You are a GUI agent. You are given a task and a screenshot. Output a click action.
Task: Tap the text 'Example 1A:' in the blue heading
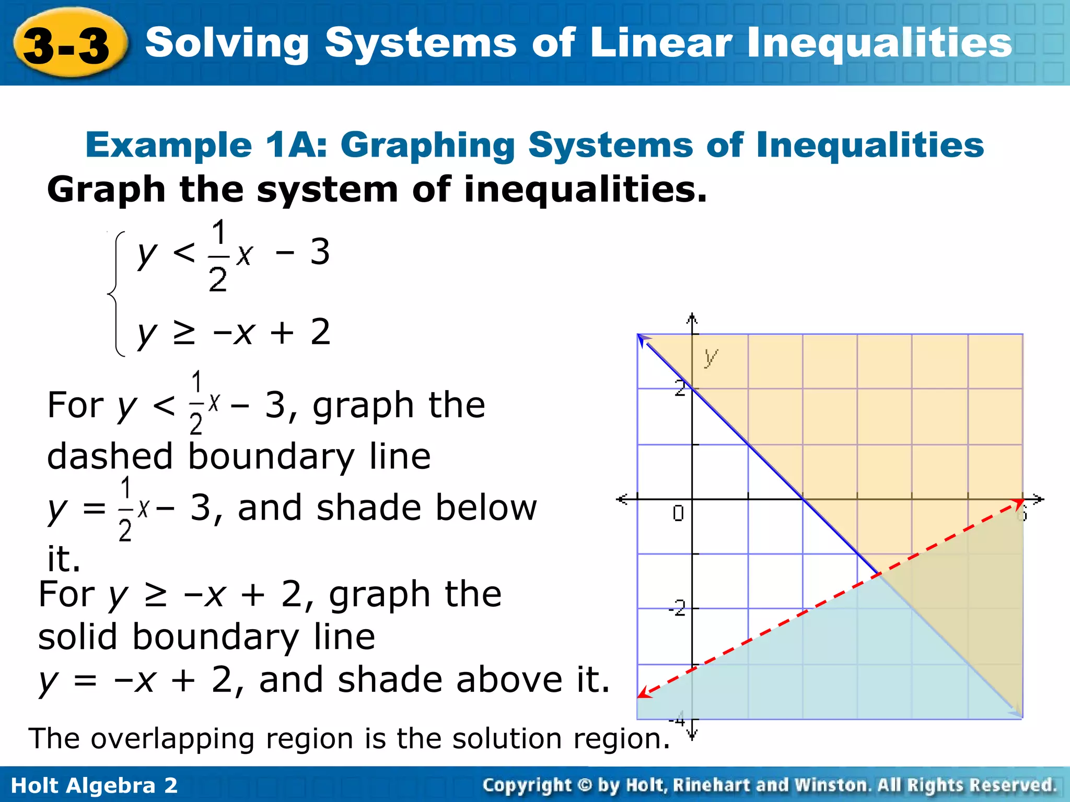[207, 145]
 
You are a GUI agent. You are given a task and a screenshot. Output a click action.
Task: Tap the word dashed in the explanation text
[109, 456]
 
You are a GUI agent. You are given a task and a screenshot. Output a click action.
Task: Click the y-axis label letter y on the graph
[711, 357]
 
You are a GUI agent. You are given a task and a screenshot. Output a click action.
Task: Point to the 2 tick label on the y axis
[679, 388]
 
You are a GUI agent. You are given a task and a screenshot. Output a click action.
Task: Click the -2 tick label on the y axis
[677, 608]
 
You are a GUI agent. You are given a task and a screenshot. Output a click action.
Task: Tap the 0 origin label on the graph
[678, 514]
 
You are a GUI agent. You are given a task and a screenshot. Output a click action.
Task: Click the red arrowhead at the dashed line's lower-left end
[644, 694]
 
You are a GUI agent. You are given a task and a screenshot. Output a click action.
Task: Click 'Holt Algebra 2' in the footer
[95, 785]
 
